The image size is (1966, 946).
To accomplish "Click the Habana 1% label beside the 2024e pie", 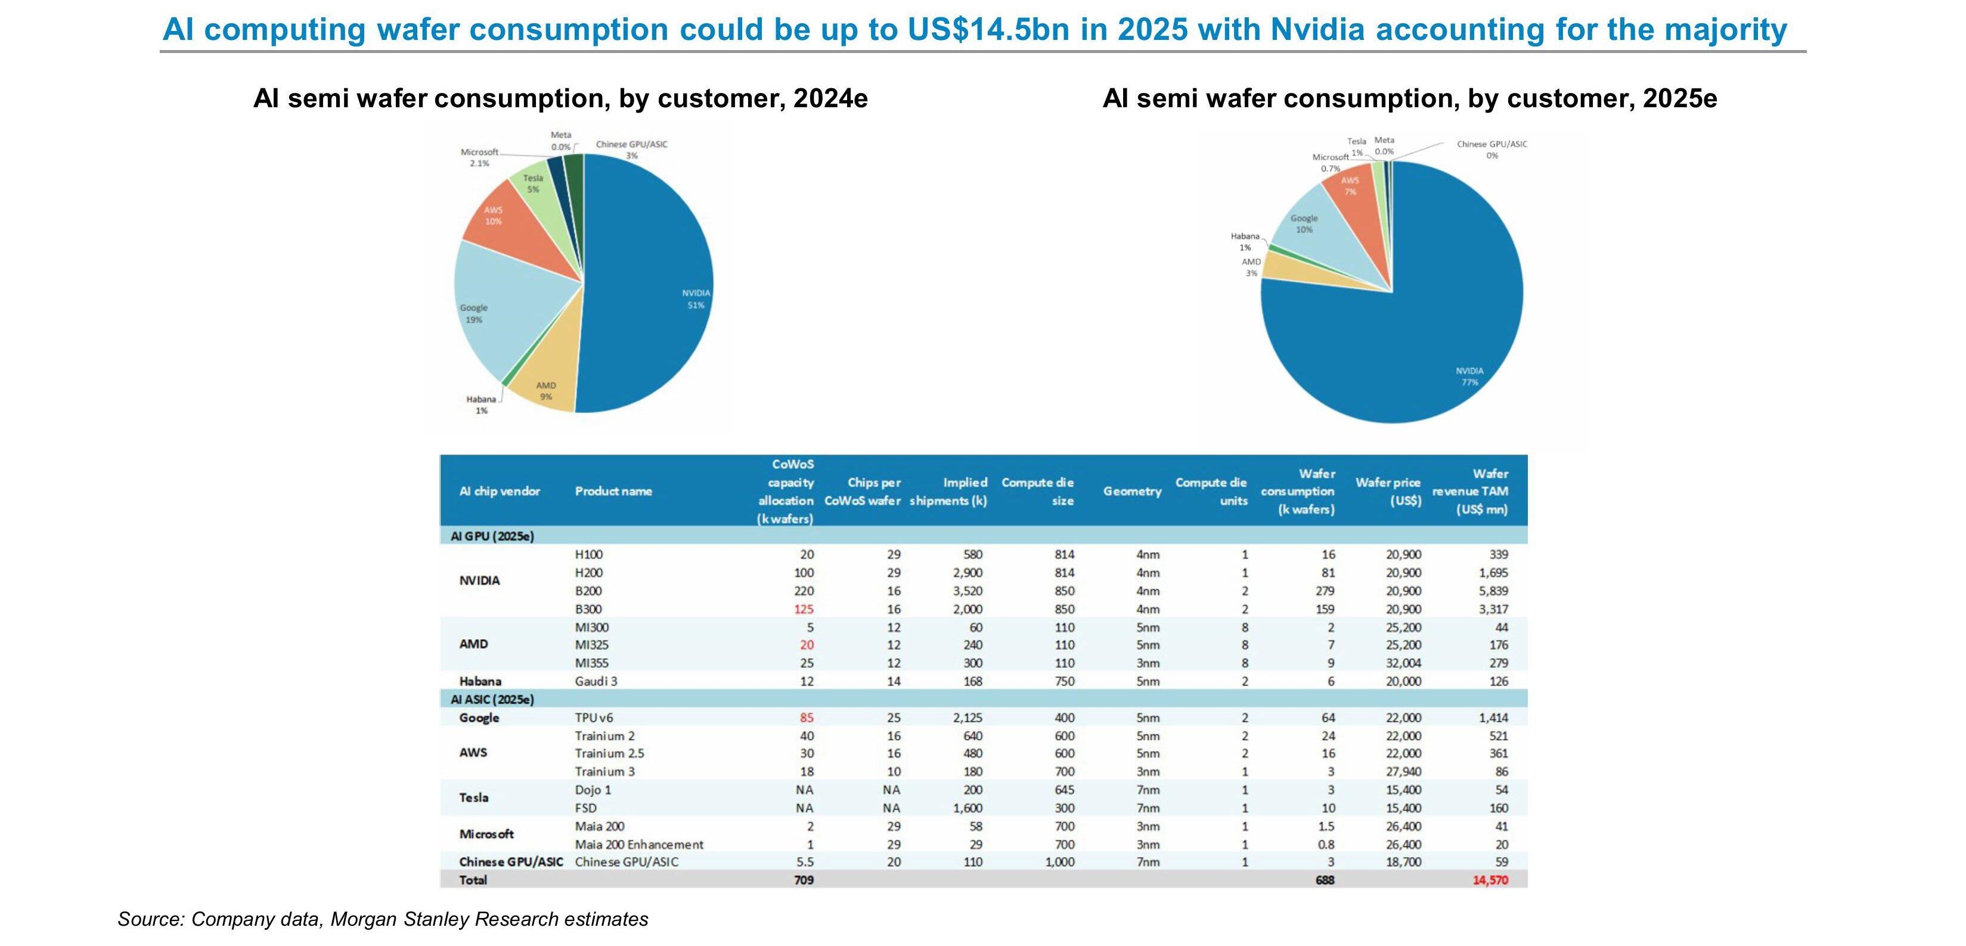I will coord(482,404).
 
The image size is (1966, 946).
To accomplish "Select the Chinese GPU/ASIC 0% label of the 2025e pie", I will coord(1491,150).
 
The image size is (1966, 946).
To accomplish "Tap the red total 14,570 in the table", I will coord(1490,880).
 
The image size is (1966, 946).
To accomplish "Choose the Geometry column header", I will coord(1132,491).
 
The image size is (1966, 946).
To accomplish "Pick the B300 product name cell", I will coord(588,609).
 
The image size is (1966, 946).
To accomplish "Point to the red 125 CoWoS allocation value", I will coord(804,609).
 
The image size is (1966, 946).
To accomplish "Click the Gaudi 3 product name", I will coord(596,682).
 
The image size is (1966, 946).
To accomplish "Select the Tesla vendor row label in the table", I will coord(474,797).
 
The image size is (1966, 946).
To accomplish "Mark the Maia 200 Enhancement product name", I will coord(639,845).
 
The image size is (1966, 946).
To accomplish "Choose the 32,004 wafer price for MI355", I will coord(1403,663).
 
